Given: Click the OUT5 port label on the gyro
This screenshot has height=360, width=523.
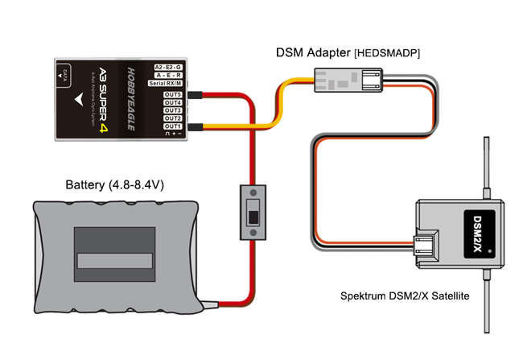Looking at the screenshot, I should (172, 94).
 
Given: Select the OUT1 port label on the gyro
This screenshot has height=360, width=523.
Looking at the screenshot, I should (172, 126).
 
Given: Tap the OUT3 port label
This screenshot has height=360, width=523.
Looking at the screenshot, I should (172, 110).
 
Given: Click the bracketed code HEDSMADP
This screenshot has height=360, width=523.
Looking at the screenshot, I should (387, 52).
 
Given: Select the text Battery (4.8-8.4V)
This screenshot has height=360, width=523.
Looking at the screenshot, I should (115, 185).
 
